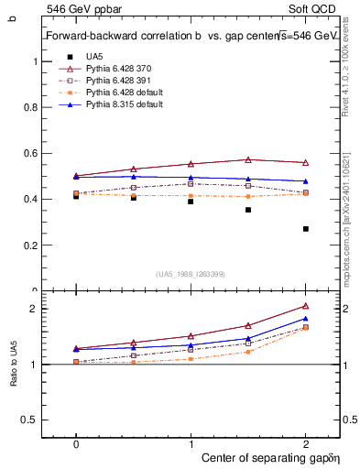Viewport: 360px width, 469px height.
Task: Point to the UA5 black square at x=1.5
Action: coord(248,210)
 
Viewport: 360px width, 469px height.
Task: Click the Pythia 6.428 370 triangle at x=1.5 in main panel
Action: coord(248,159)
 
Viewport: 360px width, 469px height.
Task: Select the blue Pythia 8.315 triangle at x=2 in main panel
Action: coord(306,181)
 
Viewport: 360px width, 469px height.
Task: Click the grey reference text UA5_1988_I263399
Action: coord(191,274)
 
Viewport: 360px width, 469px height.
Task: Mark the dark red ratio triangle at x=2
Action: coord(306,306)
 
